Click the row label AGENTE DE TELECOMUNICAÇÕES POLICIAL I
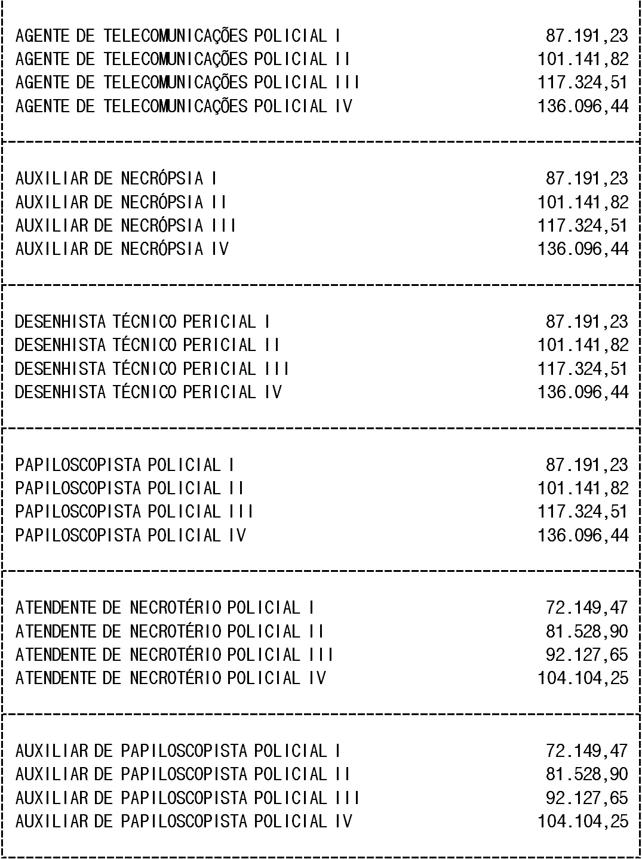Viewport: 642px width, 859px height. tap(178, 36)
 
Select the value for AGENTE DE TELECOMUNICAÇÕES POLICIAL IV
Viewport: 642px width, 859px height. tap(583, 106)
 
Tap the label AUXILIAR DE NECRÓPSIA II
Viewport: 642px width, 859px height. tap(121, 202)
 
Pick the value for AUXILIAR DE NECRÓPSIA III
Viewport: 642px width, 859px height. tap(583, 226)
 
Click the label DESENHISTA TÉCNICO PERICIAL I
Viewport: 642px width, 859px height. tap(142, 322)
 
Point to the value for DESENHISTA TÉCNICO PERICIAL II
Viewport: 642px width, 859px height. tap(583, 345)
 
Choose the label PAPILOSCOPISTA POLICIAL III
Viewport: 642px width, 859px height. tap(134, 512)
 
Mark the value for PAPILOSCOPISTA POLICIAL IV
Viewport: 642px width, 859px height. tap(583, 535)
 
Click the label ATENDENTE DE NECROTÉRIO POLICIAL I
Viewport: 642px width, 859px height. tap(164, 608)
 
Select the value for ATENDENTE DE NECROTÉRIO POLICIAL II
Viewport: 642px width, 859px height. tap(586, 632)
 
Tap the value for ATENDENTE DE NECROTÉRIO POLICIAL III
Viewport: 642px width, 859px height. tap(586, 655)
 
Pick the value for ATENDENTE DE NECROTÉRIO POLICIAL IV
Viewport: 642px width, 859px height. tap(583, 678)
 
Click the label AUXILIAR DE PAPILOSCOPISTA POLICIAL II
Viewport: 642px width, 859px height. tap(182, 774)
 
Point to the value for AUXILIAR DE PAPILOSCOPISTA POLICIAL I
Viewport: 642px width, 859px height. tap(586, 751)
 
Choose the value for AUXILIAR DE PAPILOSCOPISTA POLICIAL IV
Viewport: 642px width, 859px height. tap(583, 821)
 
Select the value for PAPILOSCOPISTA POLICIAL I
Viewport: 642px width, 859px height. tap(586, 465)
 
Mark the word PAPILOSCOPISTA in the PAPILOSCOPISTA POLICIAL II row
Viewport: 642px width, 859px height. tap(78, 488)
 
